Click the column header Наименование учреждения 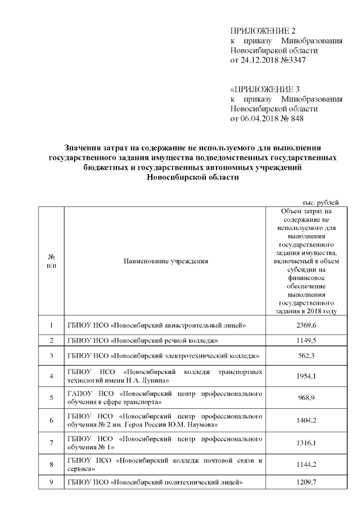click(x=163, y=262)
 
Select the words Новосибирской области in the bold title click(x=192, y=178)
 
